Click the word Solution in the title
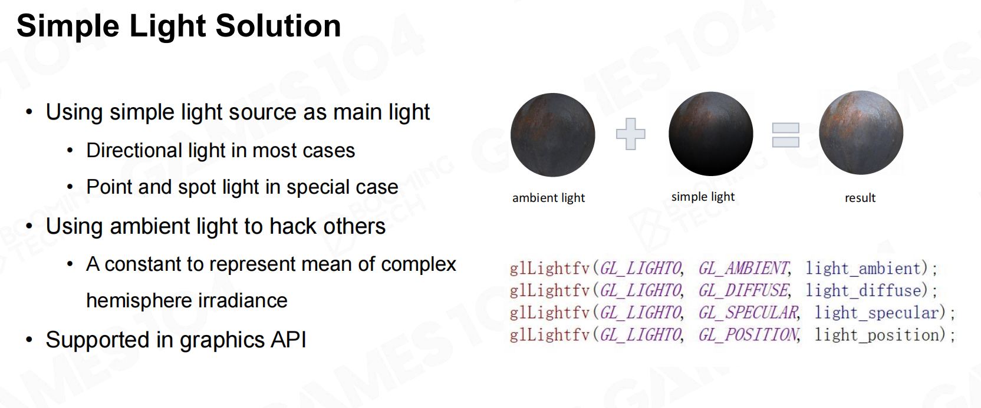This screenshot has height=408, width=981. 278,26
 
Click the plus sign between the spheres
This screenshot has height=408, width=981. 631,134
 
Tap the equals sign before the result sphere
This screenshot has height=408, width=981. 785,135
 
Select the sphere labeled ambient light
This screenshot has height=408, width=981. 552,135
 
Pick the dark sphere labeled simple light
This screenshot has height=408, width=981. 711,134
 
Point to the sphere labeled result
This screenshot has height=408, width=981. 861,132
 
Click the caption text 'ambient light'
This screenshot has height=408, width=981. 548,198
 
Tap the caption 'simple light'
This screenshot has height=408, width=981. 703,197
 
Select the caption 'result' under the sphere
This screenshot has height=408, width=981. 860,198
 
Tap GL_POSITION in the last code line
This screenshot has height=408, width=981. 749,335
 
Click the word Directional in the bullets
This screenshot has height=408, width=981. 134,151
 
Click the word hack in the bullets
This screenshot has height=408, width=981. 291,227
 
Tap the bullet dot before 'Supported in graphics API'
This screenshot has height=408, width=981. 29,340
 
